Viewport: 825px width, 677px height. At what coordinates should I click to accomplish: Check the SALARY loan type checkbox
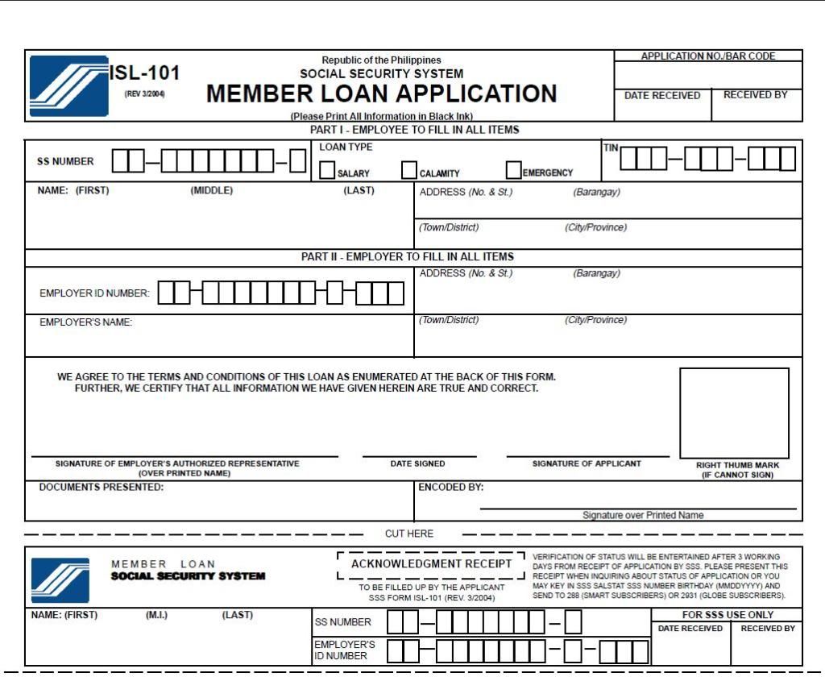327,170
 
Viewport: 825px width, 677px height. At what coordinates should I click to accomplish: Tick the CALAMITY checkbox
409,170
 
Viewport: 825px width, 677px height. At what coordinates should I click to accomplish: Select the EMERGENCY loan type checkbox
513,170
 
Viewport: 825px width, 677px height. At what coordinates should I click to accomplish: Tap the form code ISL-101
145,73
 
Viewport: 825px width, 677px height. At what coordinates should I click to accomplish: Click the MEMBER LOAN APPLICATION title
381,94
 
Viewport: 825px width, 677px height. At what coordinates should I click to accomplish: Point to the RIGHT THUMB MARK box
734,413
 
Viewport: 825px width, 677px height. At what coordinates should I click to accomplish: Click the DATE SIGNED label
417,464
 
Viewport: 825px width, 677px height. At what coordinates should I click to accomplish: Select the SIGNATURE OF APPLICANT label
587,464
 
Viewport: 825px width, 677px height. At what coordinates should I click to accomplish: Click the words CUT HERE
409,534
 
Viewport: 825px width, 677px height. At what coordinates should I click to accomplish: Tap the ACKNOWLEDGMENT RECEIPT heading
431,564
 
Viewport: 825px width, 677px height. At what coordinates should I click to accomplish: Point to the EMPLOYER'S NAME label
85,322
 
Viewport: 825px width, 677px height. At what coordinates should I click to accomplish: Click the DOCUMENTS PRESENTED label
101,488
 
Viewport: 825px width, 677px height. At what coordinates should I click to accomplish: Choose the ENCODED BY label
450,488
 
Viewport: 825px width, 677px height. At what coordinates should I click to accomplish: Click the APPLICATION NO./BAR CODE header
708,56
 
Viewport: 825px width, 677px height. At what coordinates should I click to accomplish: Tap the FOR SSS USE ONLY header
728,615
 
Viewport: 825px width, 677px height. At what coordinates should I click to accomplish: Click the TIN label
610,147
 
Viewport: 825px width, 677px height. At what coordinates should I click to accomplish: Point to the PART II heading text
407,257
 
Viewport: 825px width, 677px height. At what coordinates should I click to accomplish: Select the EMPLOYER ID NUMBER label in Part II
94,293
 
